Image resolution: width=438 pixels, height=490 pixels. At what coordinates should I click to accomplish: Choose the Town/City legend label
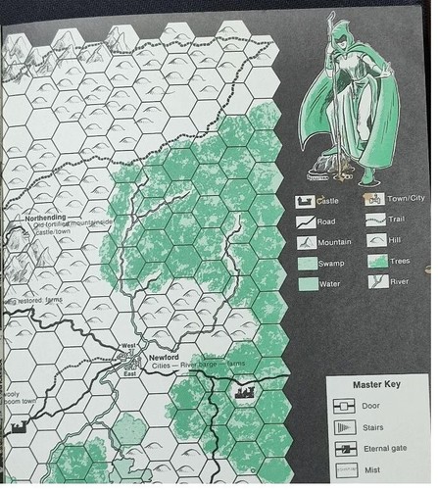tap(403, 198)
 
